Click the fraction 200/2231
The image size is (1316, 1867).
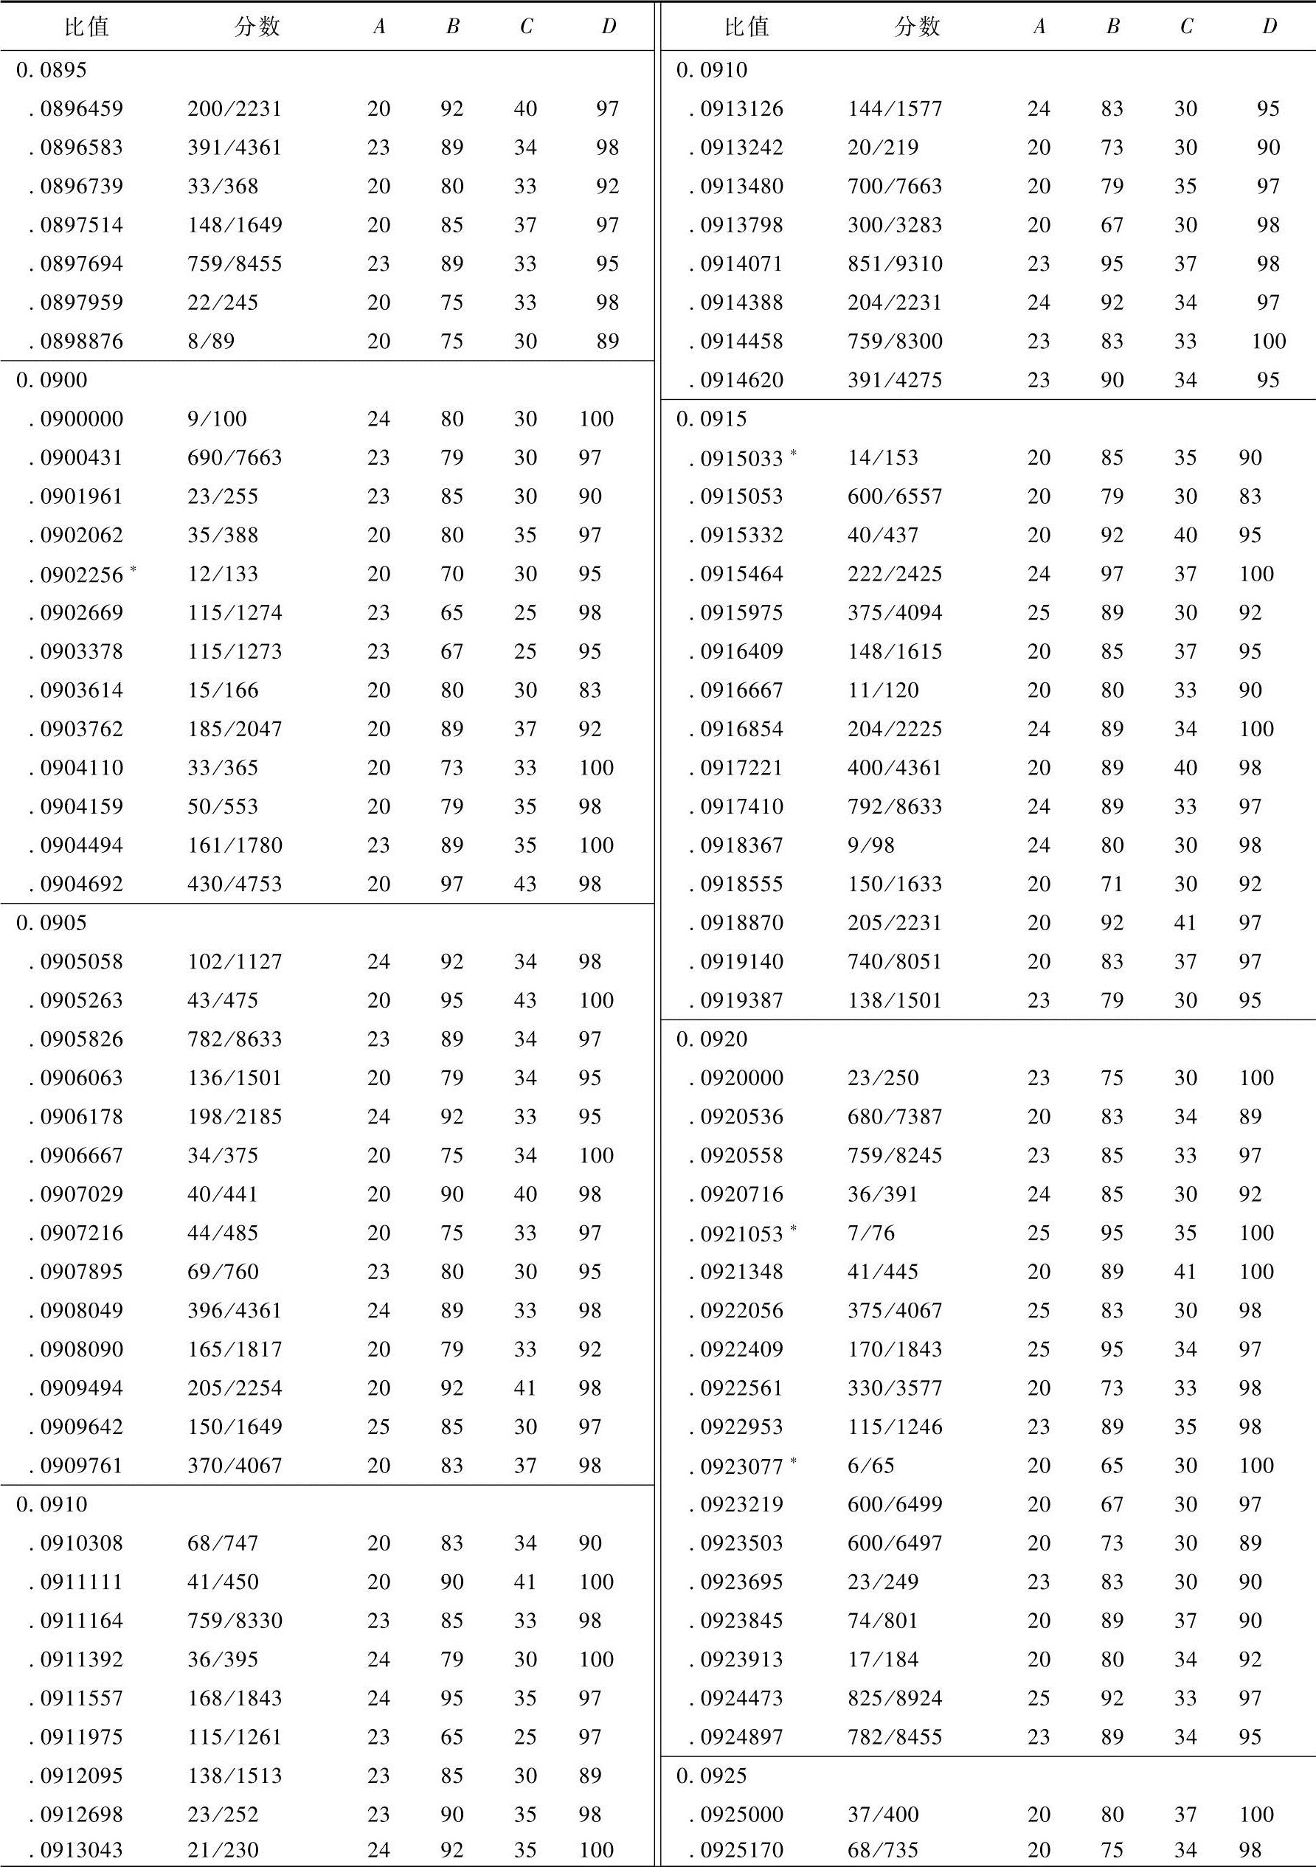235,109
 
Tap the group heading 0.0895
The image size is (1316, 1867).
51,70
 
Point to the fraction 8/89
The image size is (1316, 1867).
211,342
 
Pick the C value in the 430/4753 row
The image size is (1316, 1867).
525,884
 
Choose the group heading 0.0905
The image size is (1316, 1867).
51,923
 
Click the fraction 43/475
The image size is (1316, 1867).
222,1000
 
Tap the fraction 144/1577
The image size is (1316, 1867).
895,109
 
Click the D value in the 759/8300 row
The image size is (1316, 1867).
1268,342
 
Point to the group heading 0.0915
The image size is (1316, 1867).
712,419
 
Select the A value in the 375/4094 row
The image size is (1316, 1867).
1039,613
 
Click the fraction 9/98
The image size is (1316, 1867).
870,845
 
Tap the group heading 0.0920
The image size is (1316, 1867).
712,1039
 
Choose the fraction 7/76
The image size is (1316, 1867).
870,1233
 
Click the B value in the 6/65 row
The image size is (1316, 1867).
1112,1465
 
